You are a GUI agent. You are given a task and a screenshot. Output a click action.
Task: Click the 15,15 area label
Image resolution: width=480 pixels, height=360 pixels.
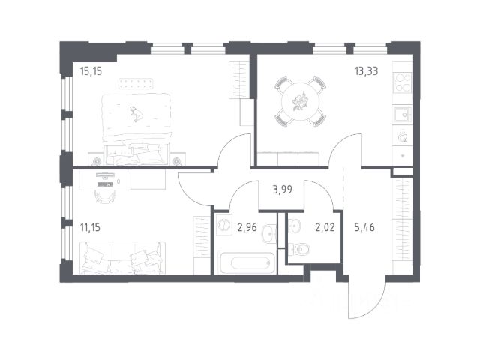pyautogui.click(x=91, y=71)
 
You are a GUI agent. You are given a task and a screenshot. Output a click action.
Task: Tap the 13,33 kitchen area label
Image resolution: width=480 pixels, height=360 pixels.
pyautogui.click(x=366, y=71)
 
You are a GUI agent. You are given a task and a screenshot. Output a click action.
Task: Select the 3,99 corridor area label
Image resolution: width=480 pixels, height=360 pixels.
pyautogui.click(x=282, y=190)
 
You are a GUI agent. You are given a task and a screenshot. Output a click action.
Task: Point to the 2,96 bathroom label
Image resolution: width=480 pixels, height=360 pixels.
pyautogui.click(x=247, y=227)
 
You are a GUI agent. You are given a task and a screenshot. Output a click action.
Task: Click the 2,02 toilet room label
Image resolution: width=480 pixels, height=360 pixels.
pyautogui.click(x=325, y=227)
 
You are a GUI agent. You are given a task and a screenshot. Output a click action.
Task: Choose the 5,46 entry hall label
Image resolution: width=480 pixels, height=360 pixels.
pyautogui.click(x=364, y=227)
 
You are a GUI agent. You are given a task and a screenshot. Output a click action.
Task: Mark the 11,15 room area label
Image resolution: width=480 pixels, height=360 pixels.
pyautogui.click(x=90, y=227)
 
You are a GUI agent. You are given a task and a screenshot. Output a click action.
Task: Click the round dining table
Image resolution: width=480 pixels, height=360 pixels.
pyautogui.click(x=300, y=101)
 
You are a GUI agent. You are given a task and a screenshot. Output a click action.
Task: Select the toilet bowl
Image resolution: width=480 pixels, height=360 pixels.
pyautogui.click(x=300, y=250)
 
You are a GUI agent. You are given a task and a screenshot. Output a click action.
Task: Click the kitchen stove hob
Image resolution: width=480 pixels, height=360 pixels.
pyautogui.click(x=403, y=82)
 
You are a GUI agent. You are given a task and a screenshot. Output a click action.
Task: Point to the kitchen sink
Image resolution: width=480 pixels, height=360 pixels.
pyautogui.click(x=403, y=115)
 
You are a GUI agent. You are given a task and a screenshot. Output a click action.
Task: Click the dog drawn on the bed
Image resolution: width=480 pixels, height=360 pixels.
pyautogui.click(x=136, y=113)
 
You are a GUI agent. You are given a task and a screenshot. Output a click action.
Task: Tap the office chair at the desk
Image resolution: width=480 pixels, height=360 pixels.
pyautogui.click(x=106, y=196)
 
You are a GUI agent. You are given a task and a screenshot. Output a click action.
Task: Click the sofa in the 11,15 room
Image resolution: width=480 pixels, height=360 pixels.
pyautogui.click(x=122, y=258)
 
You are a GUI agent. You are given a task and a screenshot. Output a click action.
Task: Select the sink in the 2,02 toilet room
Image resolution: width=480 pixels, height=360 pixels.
pyautogui.click(x=295, y=226)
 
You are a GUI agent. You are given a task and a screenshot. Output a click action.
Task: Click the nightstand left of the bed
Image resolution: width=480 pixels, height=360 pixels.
pyautogui.click(x=97, y=160)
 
